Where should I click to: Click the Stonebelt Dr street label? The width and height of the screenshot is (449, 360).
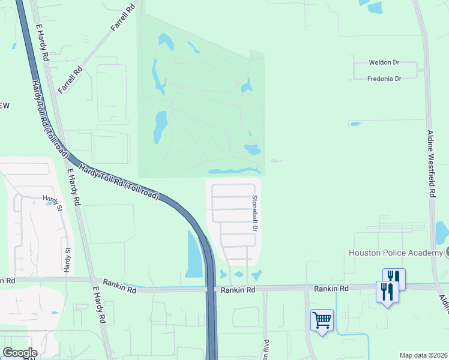(x=255, y=214)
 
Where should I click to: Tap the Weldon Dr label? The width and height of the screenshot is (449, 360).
(x=384, y=63)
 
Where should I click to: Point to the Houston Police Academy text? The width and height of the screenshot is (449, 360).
(x=395, y=253)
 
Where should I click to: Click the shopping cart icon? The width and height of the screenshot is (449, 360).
(x=322, y=320)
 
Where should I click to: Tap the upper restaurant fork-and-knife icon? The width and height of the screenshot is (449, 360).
(x=394, y=277)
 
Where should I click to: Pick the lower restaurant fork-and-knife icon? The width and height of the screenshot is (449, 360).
(x=387, y=292)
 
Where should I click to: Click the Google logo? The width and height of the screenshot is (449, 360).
(x=19, y=353)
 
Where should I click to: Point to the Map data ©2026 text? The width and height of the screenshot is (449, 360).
(x=424, y=355)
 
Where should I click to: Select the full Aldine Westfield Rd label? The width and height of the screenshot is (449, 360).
(x=430, y=164)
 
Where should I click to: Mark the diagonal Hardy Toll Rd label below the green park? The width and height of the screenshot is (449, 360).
(x=118, y=182)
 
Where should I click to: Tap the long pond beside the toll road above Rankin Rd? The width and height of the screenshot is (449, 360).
(x=193, y=254)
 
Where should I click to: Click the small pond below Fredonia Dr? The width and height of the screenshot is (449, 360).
(x=355, y=124)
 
